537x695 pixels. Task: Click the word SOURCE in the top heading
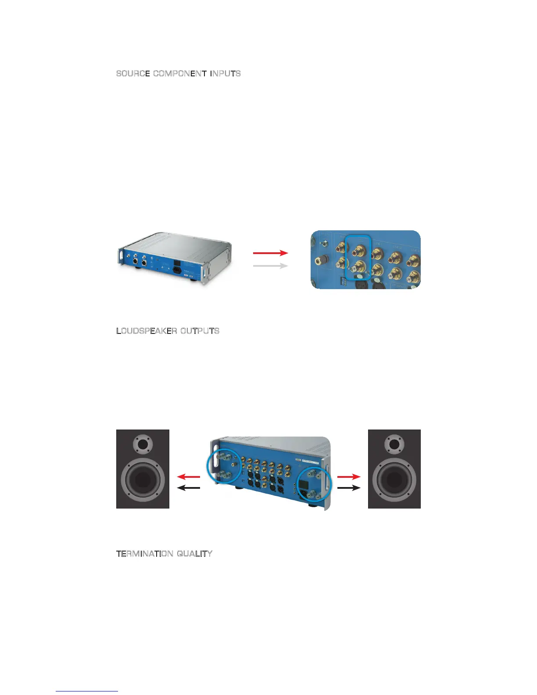pos(133,73)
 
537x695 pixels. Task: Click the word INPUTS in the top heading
pos(225,73)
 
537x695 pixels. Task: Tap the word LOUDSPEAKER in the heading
pos(147,331)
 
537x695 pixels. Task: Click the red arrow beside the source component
pos(270,253)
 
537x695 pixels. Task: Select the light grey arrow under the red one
pos(270,266)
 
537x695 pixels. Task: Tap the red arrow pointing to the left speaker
pos(188,477)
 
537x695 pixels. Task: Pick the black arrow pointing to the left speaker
pos(188,488)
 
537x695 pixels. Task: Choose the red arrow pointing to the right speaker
pos(349,477)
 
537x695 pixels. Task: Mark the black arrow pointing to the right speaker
pos(349,488)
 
